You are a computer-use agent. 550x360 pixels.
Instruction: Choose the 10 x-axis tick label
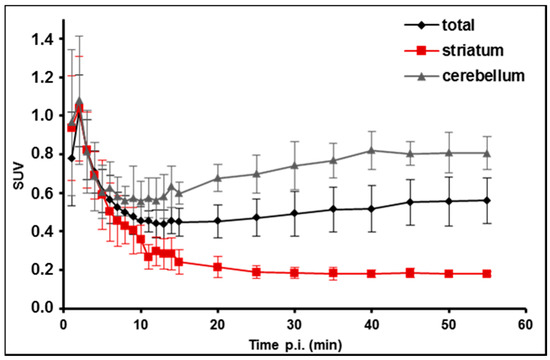tap(140, 324)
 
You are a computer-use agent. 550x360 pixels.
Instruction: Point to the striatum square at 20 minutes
tap(217, 267)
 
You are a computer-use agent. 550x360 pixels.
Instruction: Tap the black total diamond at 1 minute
tap(70, 157)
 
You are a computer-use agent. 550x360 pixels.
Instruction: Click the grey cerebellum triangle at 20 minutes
tap(217, 178)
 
